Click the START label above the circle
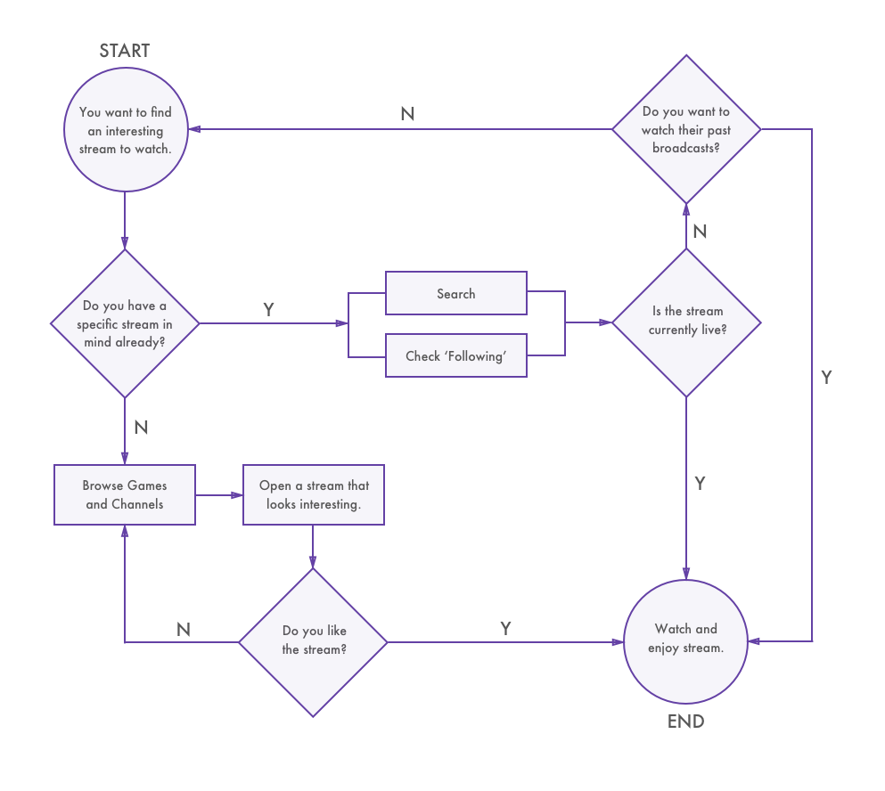[125, 51]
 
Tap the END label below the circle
[685, 721]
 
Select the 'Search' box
[455, 293]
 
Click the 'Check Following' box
[455, 355]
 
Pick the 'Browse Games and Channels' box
[125, 494]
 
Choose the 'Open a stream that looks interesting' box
[313, 494]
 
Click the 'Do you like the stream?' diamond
[313, 641]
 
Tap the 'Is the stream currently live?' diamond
[686, 322]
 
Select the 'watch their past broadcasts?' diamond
[686, 129]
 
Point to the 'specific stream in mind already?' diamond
[125, 322]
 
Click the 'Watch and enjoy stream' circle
[685, 639]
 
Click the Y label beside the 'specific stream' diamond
[268, 309]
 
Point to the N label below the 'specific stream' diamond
[141, 428]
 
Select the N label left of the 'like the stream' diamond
[184, 629]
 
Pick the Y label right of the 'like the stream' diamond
[505, 628]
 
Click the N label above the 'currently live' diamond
[700, 232]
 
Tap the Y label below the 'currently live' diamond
[700, 483]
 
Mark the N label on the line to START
[407, 114]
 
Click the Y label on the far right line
[826, 377]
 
